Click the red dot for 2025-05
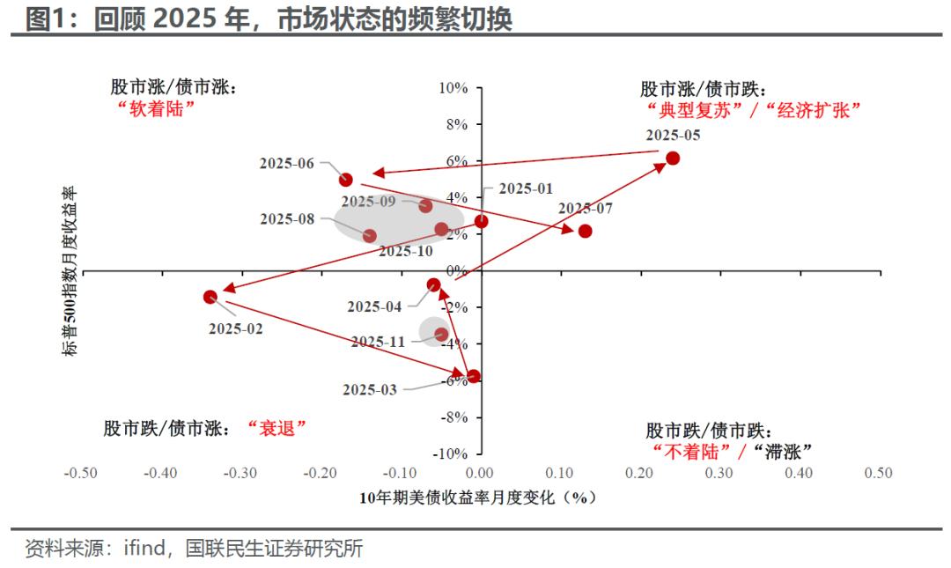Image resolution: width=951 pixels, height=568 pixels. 673,159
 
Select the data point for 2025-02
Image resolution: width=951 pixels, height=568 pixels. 210,297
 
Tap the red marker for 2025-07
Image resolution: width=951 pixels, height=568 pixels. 585,231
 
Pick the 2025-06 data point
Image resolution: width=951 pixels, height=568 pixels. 346,180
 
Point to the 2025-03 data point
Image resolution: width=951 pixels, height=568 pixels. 474,376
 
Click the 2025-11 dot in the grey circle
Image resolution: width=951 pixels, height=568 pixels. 441,335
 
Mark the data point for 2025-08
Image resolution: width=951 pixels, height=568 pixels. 369,236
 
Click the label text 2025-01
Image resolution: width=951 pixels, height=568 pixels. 526,188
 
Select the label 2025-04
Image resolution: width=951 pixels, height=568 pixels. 374,306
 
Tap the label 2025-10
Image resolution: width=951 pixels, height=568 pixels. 406,251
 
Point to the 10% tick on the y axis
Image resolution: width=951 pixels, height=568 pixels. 453,88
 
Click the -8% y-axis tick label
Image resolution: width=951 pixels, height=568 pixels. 453,417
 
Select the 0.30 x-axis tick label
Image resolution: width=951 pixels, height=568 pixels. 719,473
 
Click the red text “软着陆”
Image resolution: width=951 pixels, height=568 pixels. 154,108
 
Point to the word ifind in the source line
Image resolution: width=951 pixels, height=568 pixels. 144,549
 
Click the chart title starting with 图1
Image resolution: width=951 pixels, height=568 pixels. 269,18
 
